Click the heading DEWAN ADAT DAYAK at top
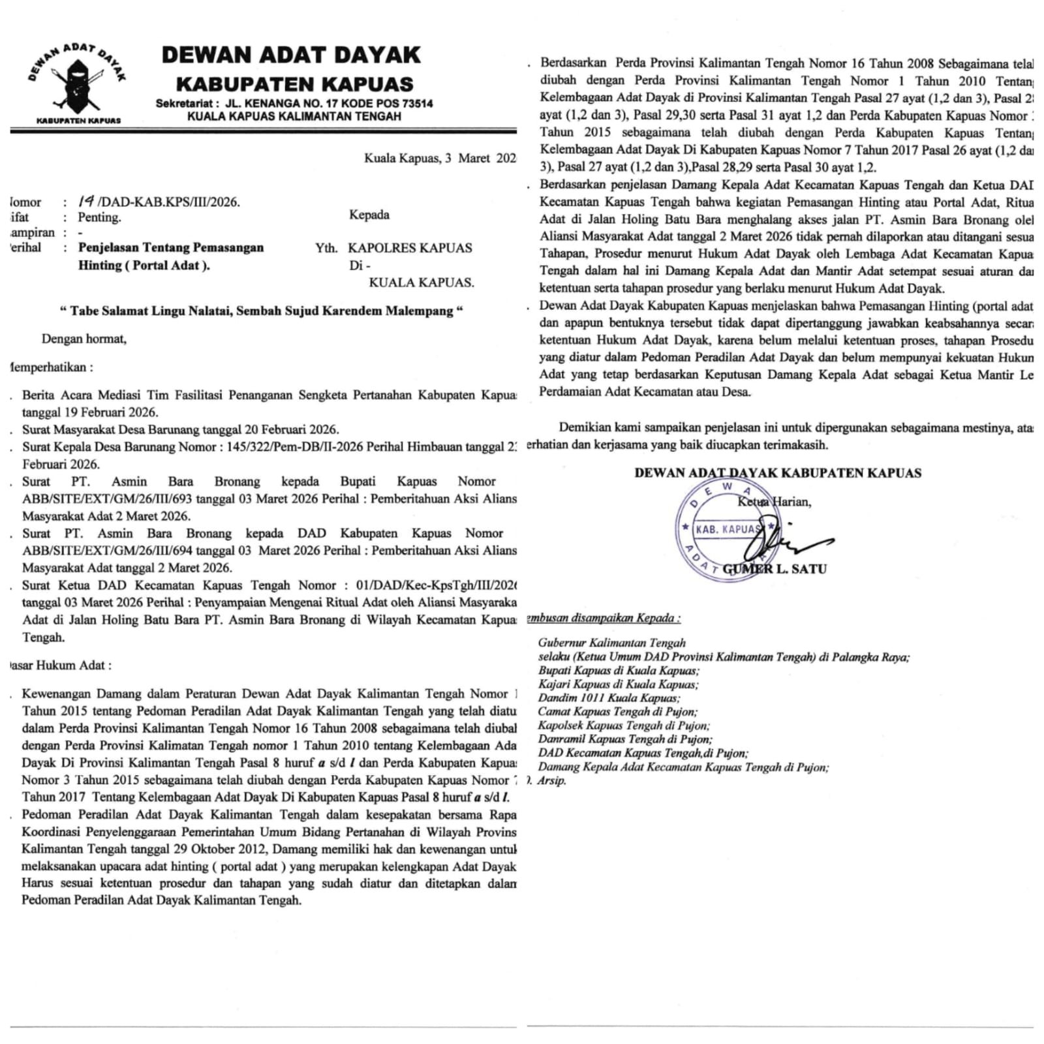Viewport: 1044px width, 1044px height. [291, 55]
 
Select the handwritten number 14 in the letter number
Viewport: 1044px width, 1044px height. [86, 202]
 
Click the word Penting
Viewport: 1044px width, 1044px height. [99, 218]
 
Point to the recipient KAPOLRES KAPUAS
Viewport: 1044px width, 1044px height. [410, 248]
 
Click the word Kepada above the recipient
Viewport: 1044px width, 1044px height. [369, 215]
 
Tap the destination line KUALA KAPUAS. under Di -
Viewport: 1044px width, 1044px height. [422, 283]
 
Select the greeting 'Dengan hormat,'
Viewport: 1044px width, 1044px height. [84, 339]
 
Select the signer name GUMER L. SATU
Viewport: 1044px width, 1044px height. [775, 569]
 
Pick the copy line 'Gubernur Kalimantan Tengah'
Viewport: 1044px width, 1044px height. [611, 643]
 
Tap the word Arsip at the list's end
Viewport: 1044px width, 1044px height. [552, 780]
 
